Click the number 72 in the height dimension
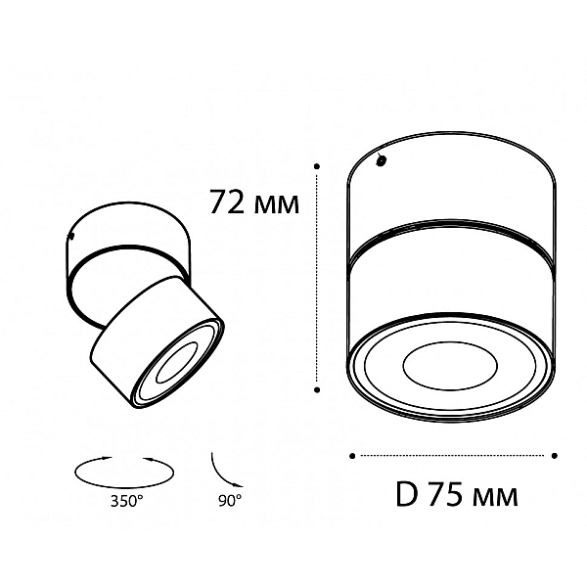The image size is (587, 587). tap(227, 202)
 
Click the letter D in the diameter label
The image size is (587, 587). tap(407, 494)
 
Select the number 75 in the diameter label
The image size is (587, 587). tap(445, 494)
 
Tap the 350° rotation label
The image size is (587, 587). tap(126, 501)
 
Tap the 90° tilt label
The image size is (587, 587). tap(230, 501)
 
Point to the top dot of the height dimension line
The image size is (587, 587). tap(317, 166)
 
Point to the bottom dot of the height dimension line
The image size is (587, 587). tap(317, 389)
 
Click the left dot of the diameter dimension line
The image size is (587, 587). tap(352, 456)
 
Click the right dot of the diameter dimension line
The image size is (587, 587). tap(555, 456)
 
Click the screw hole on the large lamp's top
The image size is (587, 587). tap(382, 161)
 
